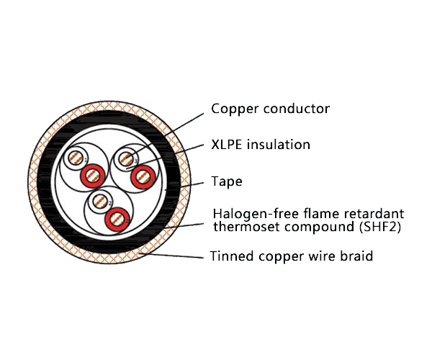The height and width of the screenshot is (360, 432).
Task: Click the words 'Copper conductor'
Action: (x=270, y=109)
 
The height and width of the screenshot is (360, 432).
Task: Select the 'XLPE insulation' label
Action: (x=261, y=145)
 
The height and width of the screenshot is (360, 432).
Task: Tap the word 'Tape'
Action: (x=226, y=181)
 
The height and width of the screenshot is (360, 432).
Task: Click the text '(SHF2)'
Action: (x=379, y=228)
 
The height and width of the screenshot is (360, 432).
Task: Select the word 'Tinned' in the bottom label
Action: (x=230, y=256)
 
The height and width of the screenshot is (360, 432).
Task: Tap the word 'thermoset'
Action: (x=244, y=228)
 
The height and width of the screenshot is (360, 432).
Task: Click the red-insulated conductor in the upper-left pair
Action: (x=92, y=174)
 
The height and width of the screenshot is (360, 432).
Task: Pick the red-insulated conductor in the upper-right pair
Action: (x=144, y=175)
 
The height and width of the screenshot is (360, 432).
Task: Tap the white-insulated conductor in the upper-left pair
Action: (x=75, y=158)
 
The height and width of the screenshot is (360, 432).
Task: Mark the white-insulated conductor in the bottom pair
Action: (x=101, y=201)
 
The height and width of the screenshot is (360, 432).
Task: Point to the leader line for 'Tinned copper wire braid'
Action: (x=180, y=255)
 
